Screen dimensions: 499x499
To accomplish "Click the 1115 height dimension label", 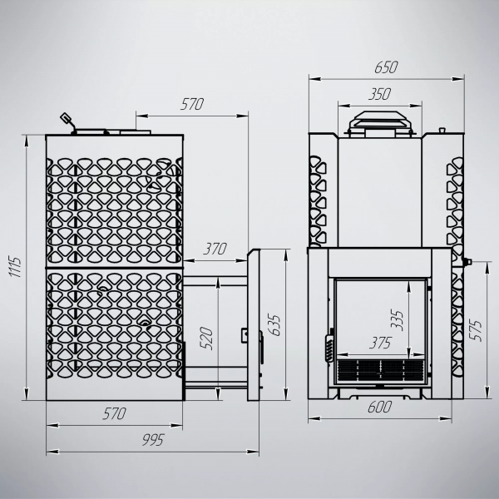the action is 16,267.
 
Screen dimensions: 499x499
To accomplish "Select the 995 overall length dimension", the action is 153,439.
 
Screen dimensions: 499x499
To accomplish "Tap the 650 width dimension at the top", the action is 386,67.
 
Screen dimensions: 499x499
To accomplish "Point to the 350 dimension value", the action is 380,94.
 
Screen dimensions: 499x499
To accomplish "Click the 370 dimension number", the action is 215,249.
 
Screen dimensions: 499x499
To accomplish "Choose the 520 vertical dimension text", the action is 206,338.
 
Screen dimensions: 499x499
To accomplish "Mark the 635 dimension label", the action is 274,325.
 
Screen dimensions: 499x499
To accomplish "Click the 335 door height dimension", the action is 397,320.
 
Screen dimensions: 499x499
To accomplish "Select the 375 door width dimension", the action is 380,343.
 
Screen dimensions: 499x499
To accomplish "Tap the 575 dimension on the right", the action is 477,331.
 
